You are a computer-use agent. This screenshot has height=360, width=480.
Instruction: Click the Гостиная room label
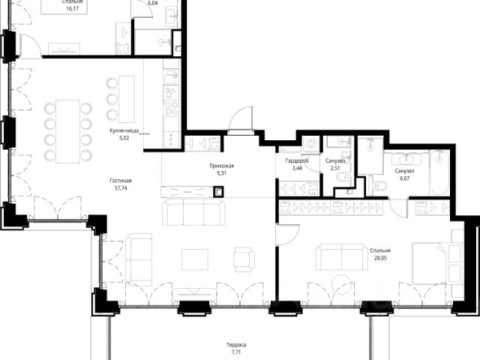121,181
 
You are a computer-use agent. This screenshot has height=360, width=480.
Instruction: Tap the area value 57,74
121,188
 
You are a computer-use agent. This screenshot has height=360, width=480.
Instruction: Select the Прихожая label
222,166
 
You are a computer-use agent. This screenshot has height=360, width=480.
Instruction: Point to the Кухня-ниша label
124,130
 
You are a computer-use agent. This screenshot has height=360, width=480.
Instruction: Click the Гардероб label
297,160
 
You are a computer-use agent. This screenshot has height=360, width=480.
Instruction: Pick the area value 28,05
380,258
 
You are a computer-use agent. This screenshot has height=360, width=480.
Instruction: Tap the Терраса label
236,345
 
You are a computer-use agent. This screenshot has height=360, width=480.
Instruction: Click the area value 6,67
404,178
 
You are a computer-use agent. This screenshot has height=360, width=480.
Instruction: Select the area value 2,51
335,168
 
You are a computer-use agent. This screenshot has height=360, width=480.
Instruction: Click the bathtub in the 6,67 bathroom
439,172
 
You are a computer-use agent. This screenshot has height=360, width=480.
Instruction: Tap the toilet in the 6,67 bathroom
380,185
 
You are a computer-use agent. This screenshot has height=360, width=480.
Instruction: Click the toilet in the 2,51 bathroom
343,177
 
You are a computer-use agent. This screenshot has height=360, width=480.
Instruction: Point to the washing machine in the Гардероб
311,144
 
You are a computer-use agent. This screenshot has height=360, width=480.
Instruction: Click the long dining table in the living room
68,131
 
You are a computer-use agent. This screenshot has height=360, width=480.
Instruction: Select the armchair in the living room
244,259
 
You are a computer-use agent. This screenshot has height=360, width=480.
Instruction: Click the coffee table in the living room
195,259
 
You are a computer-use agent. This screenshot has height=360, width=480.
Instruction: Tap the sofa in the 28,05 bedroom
342,257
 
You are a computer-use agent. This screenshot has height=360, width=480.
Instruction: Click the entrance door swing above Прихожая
241,118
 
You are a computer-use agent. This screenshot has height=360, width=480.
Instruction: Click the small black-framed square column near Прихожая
218,192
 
